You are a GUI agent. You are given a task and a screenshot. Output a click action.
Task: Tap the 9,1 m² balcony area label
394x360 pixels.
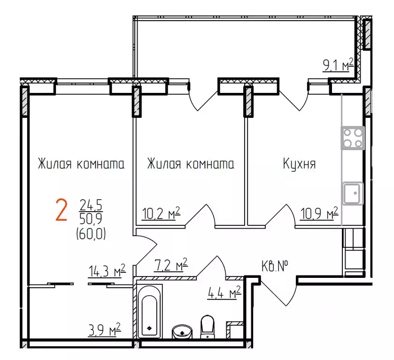[x=338, y=64]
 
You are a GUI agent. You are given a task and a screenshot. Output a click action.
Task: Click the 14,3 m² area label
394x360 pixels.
[x=107, y=271]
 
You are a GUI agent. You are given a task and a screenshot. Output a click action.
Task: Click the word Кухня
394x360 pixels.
[x=299, y=164]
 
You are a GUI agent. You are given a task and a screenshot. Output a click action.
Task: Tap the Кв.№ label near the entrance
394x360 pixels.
[x=275, y=266]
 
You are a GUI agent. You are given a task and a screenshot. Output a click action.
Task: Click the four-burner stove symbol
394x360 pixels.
[x=353, y=138]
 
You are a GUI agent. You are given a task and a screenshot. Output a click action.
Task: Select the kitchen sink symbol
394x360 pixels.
[x=353, y=193]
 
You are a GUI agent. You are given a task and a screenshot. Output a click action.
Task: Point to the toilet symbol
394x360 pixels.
[x=207, y=327]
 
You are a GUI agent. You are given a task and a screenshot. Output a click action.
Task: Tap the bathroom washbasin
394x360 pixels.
[x=182, y=331]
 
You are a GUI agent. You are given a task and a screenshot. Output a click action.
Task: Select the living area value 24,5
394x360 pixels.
[x=85, y=205]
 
